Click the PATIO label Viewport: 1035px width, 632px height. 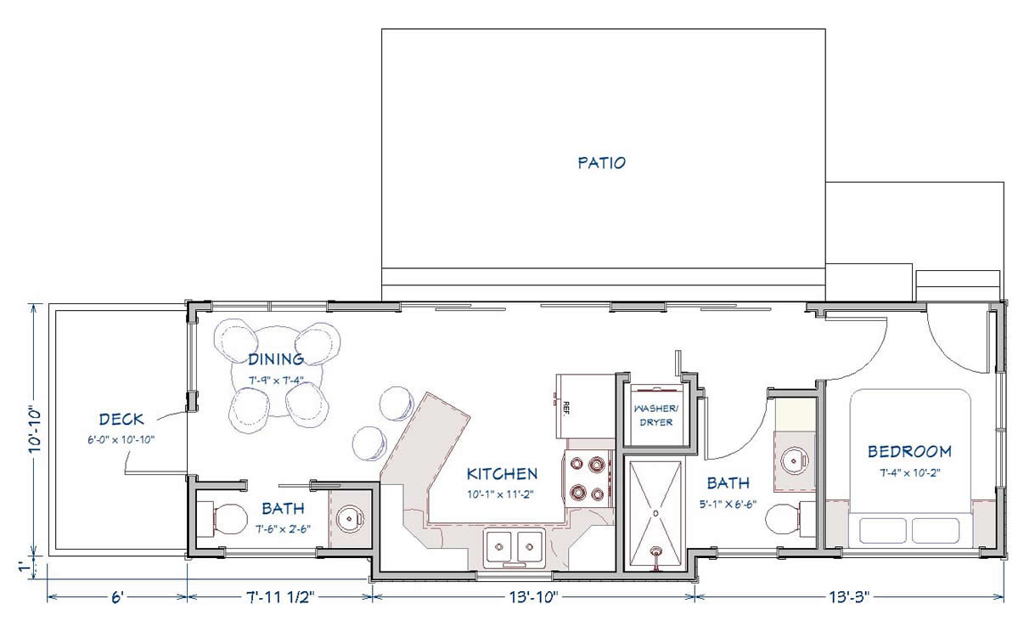[x=602, y=163]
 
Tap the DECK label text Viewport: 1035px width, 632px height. [x=121, y=420]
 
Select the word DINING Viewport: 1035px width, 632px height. [x=276, y=359]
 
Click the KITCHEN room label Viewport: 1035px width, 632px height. [x=502, y=474]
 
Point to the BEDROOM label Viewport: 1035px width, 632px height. [x=909, y=452]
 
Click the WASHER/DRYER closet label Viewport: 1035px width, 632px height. [x=656, y=415]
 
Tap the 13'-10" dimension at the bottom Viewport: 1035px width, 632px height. [x=534, y=598]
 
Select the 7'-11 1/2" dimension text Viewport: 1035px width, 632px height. [x=279, y=598]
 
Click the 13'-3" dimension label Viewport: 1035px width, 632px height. [x=849, y=598]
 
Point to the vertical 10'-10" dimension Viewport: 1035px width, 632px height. [x=36, y=430]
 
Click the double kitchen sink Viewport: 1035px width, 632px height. [x=514, y=547]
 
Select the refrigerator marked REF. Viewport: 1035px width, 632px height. [x=585, y=406]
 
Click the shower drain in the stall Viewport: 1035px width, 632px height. [x=655, y=513]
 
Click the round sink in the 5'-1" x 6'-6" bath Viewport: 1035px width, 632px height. [x=795, y=460]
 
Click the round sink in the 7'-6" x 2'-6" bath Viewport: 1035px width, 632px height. [x=350, y=519]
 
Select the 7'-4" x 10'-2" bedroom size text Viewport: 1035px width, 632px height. [x=910, y=473]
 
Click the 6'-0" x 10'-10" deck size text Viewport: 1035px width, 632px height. [x=121, y=440]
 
